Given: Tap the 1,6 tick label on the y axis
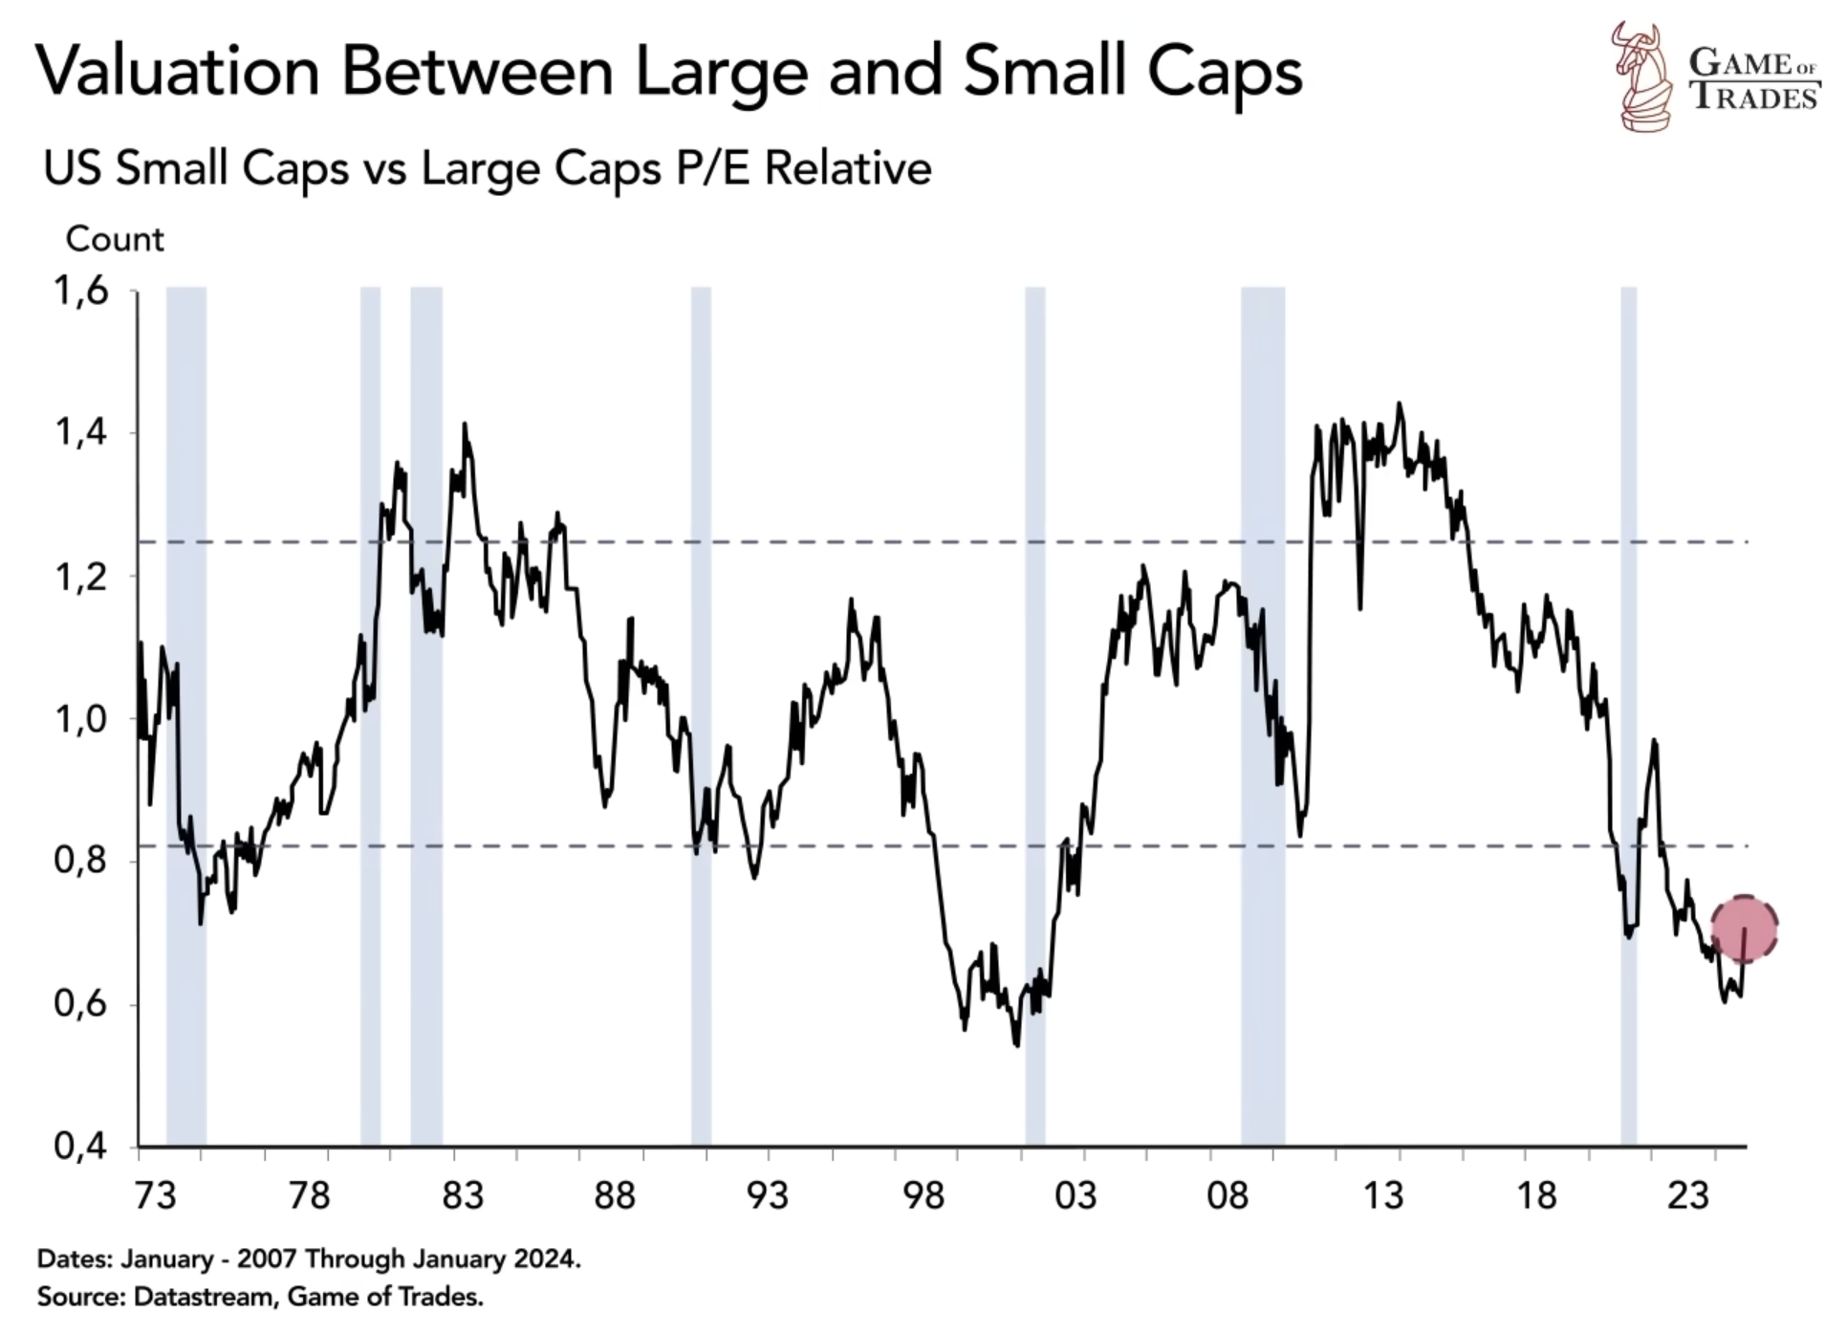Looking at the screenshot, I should tap(82, 291).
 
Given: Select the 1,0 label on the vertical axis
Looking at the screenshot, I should tap(82, 719).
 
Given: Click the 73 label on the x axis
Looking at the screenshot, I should tap(155, 1195).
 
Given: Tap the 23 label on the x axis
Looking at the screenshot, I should tap(1687, 1195).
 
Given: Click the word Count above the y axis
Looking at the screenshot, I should tap(115, 239).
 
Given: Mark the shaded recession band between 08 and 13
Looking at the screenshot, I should tap(1263, 717).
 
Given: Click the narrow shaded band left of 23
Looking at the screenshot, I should tap(1629, 717).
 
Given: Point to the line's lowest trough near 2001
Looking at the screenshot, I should tap(1016, 1045).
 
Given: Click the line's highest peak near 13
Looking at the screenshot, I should tap(1400, 405).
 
